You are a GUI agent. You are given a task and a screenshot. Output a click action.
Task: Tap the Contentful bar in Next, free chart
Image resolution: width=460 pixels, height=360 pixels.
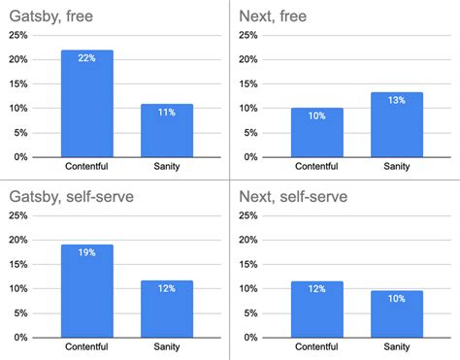pyautogui.click(x=317, y=132)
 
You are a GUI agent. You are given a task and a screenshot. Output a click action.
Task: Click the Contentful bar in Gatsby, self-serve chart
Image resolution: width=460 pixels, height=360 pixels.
pyautogui.click(x=87, y=290)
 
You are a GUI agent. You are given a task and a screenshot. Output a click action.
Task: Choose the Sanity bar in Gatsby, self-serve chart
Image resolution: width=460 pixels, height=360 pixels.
pyautogui.click(x=167, y=308)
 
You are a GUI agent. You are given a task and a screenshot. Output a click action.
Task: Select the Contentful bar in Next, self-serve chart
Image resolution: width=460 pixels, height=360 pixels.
pyautogui.click(x=317, y=309)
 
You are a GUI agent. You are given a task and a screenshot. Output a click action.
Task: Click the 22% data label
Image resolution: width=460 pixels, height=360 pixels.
pyautogui.click(x=87, y=59)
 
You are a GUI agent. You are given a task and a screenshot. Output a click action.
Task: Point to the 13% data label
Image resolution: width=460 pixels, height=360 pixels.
pyautogui.click(x=396, y=101)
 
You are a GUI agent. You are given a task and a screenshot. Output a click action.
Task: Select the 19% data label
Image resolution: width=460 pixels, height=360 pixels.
pyautogui.click(x=87, y=253)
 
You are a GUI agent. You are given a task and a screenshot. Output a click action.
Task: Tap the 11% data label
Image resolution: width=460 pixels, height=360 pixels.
pyautogui.click(x=167, y=113)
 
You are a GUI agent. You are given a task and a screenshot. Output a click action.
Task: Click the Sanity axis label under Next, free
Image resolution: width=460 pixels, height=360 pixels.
pyautogui.click(x=396, y=168)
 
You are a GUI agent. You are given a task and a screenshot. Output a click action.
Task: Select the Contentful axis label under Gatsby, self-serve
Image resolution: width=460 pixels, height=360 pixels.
pyautogui.click(x=87, y=347)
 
